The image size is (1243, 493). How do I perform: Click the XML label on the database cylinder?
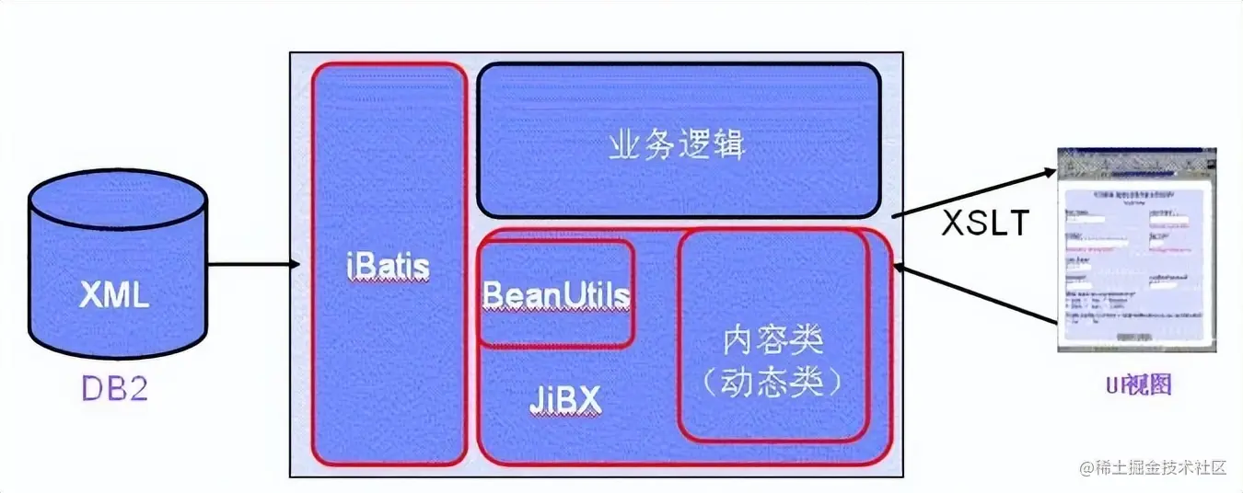(x=114, y=296)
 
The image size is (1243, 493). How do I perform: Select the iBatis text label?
(x=389, y=266)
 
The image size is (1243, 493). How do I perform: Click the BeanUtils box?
(x=556, y=294)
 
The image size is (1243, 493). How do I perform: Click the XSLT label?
(x=983, y=224)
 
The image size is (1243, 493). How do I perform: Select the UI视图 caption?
(x=1138, y=386)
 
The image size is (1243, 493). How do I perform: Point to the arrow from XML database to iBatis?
(x=254, y=265)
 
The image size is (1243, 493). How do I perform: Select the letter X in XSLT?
(x=952, y=224)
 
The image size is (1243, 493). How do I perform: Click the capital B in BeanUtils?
(x=493, y=295)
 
